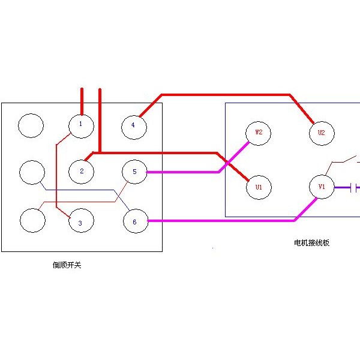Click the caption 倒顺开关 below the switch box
(x=67, y=265)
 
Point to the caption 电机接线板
(x=312, y=242)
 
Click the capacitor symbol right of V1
(x=353, y=188)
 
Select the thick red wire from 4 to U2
(x=226, y=94)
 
